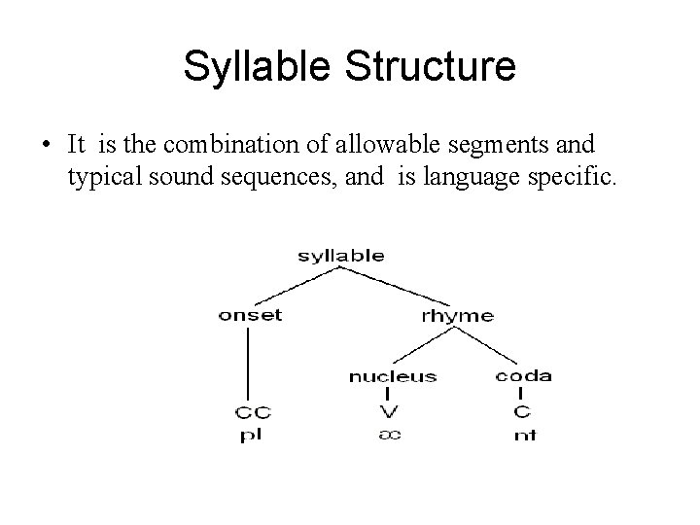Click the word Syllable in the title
(x=255, y=67)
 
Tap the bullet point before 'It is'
(x=47, y=146)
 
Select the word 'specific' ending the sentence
(x=575, y=176)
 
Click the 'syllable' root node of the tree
(x=340, y=256)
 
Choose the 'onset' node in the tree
(x=250, y=314)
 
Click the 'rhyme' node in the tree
(x=457, y=315)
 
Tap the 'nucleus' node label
(x=392, y=375)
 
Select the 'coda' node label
(x=523, y=375)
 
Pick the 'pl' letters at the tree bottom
(x=250, y=436)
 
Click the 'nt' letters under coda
(x=525, y=436)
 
